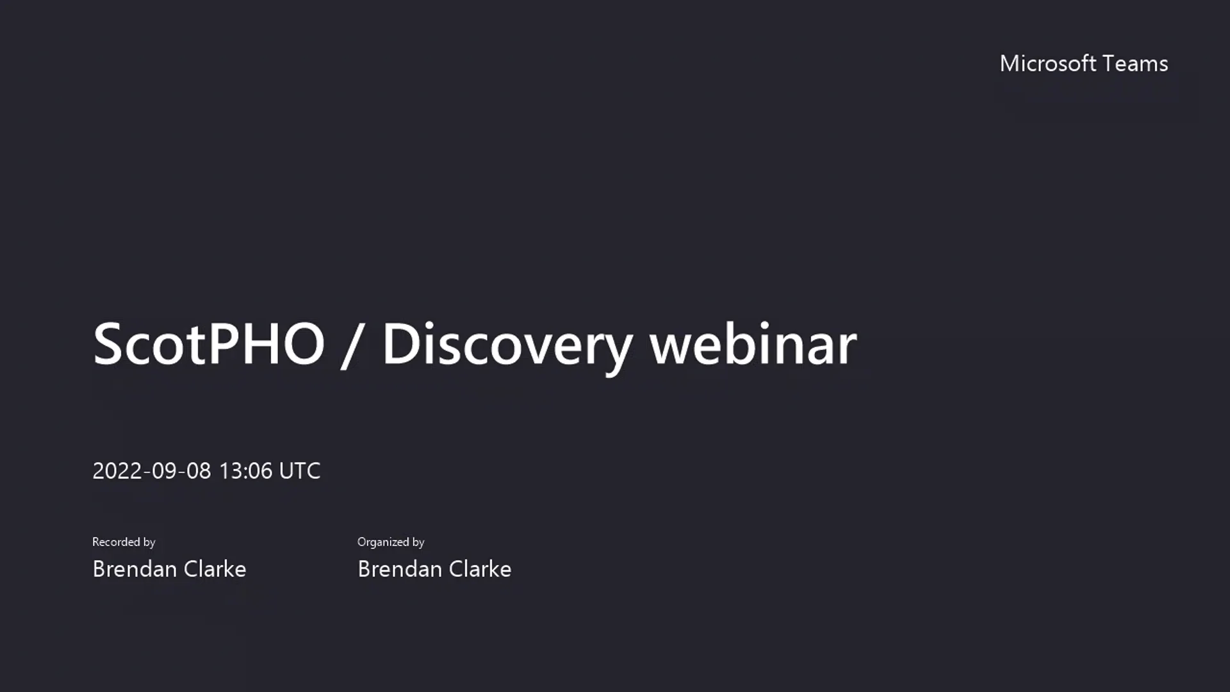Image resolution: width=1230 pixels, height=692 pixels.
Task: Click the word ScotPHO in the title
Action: tap(209, 344)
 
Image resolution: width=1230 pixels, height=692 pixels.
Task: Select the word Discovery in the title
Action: tap(507, 346)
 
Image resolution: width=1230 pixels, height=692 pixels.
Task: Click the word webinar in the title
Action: tap(753, 344)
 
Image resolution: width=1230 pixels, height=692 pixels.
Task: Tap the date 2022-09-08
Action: tap(151, 471)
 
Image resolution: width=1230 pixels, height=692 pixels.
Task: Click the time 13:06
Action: tap(245, 471)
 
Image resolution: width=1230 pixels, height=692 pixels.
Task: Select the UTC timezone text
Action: tap(300, 471)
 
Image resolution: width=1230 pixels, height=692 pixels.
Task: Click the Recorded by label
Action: tap(124, 542)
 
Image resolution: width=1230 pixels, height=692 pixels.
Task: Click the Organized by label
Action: tap(391, 542)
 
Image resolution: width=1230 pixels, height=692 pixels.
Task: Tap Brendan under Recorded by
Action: tap(135, 569)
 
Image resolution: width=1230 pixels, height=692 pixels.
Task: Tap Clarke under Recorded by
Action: tap(215, 569)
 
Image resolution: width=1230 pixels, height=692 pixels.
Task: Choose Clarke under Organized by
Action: tap(480, 569)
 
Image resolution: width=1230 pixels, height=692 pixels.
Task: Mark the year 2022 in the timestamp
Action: tap(117, 471)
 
